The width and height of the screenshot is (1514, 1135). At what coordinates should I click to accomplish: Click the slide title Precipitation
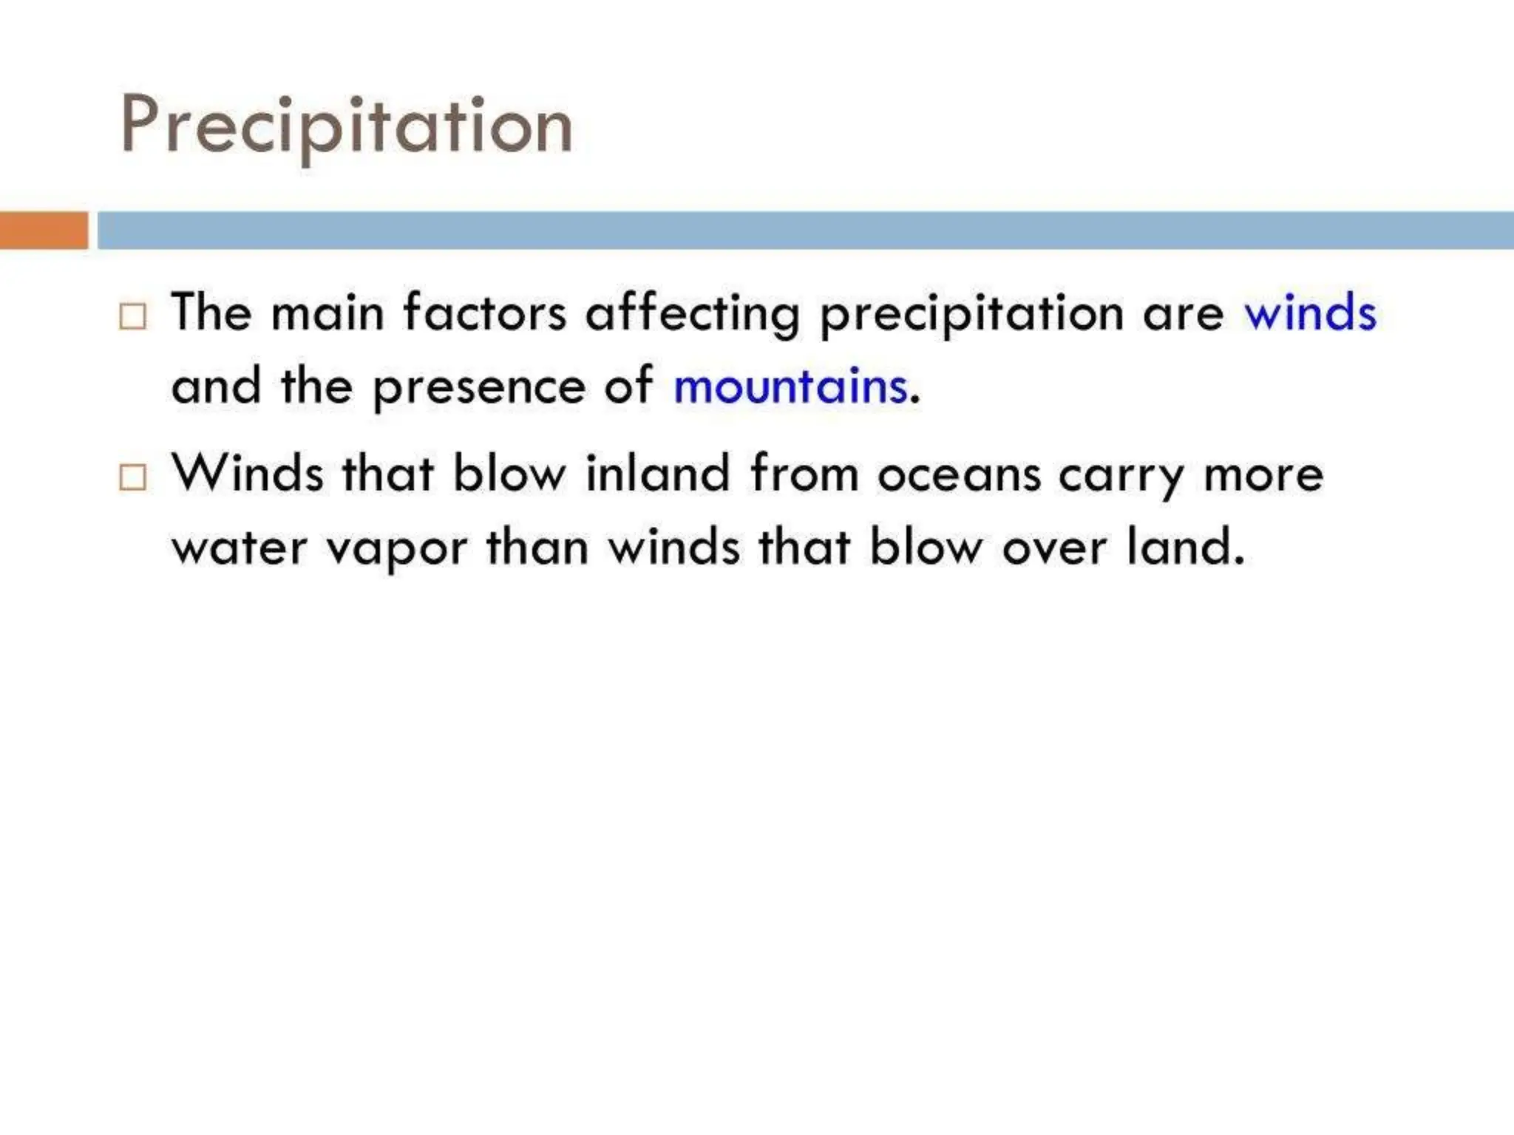click(347, 126)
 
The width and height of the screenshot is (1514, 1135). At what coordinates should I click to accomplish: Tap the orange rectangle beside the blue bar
click(44, 230)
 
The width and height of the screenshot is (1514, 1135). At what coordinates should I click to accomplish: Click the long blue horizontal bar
click(805, 230)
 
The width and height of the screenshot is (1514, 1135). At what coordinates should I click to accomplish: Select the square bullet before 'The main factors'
click(133, 316)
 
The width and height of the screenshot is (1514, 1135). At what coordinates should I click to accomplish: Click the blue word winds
click(1310, 313)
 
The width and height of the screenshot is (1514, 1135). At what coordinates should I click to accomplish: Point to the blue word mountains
click(790, 386)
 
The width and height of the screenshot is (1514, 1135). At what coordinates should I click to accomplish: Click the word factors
click(485, 312)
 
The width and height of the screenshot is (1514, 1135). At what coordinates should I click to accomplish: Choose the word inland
click(657, 474)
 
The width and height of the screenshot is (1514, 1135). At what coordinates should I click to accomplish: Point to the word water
click(239, 548)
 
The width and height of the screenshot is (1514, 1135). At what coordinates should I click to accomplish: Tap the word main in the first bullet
click(327, 313)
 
